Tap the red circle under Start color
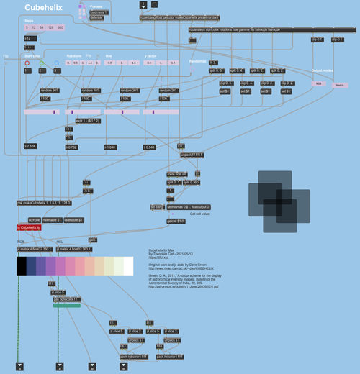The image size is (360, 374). (27, 63)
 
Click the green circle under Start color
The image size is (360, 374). (42, 63)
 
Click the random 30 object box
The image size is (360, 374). (50, 91)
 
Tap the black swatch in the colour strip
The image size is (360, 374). (22, 266)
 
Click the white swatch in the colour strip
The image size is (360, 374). (128, 266)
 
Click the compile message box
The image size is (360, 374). (33, 219)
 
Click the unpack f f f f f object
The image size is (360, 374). (192, 155)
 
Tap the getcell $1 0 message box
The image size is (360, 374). (176, 221)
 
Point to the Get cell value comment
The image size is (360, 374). (199, 214)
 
